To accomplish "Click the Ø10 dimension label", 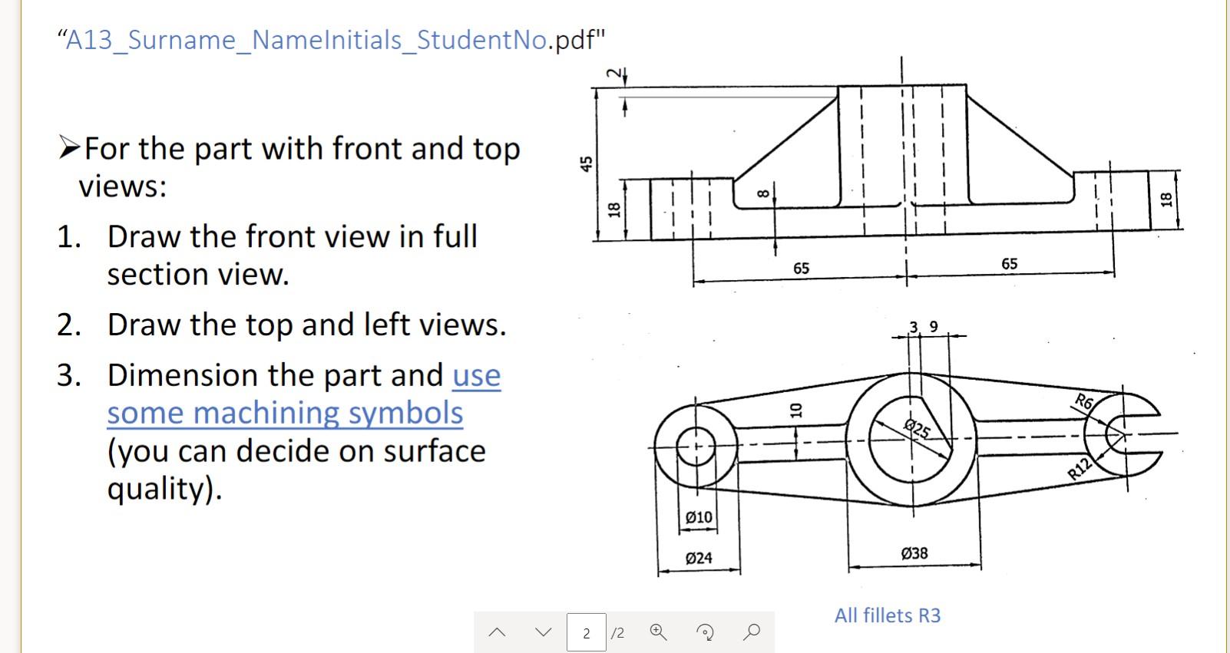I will pyautogui.click(x=699, y=517).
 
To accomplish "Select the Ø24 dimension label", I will pyautogui.click(x=699, y=558).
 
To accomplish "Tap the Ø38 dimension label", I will pyautogui.click(x=914, y=552).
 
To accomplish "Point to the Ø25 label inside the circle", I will pyautogui.click(x=918, y=428).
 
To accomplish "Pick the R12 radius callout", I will pyautogui.click(x=1080, y=467).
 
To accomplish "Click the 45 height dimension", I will pyautogui.click(x=587, y=163).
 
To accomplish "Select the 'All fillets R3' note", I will pyautogui.click(x=888, y=615).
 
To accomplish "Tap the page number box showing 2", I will pyautogui.click(x=586, y=633).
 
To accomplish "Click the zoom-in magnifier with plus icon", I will pyautogui.click(x=658, y=632).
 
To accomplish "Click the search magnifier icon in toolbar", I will pyautogui.click(x=752, y=632).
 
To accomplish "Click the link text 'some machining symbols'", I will pyautogui.click(x=285, y=413).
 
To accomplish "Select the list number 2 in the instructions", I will pyautogui.click(x=68, y=325).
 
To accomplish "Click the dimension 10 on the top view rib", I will pyautogui.click(x=796, y=409).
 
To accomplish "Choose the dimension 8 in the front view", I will pyautogui.click(x=762, y=194).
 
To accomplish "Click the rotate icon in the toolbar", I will pyautogui.click(x=705, y=632).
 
